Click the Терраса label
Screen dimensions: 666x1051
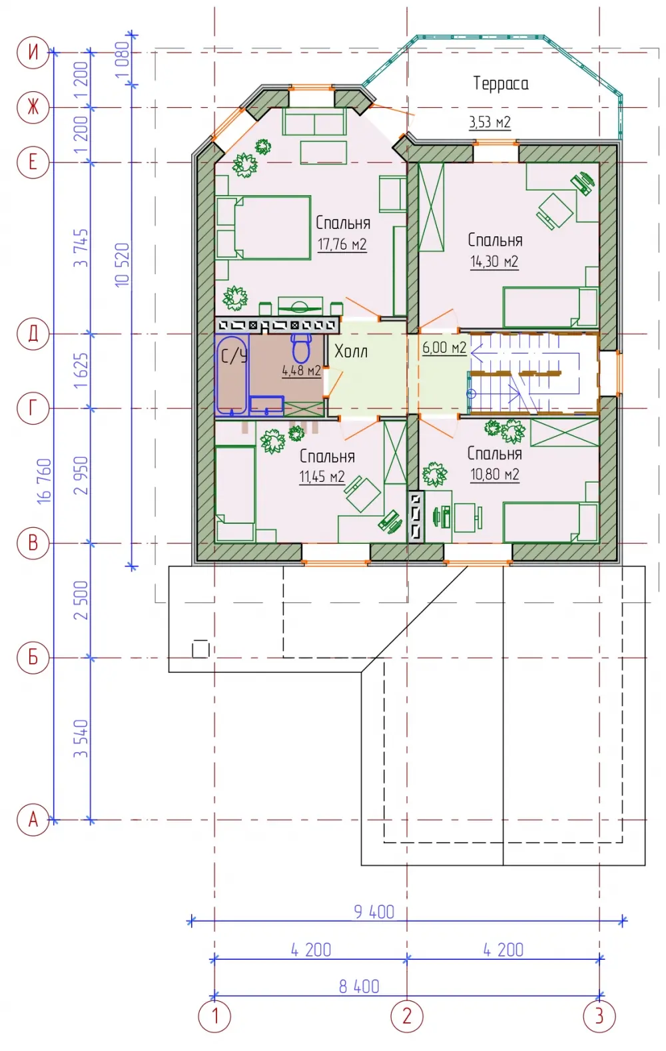500,83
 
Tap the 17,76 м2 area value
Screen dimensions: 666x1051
342,244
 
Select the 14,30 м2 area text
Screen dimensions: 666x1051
494,262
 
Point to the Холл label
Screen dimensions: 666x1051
350,351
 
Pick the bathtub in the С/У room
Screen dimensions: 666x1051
232,375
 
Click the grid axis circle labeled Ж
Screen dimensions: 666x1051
33,107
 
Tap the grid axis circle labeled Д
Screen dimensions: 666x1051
33,334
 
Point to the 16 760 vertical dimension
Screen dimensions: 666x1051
44,481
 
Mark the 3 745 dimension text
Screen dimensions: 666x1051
81,248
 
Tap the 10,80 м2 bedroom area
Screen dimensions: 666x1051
495,475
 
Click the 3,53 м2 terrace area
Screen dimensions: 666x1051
490,122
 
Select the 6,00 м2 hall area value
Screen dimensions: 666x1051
444,347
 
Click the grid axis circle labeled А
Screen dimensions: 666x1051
33,820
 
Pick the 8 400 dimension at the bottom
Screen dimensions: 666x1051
359,986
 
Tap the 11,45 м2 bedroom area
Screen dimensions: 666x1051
322,477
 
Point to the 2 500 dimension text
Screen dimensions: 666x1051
81,600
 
